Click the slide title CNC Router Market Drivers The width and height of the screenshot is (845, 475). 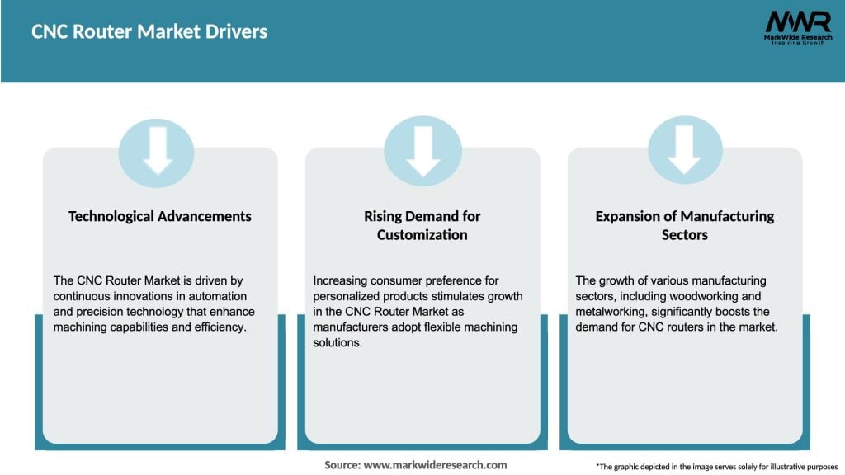(149, 32)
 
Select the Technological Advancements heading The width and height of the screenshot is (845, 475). (160, 216)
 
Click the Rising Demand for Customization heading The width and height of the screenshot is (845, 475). (422, 225)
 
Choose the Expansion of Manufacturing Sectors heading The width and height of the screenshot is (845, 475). (685, 225)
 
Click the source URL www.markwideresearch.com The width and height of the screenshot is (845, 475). (436, 465)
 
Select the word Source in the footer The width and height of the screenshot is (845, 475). (341, 465)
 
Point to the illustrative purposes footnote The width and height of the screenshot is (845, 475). (716, 467)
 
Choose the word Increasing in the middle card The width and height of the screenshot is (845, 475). (345, 281)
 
